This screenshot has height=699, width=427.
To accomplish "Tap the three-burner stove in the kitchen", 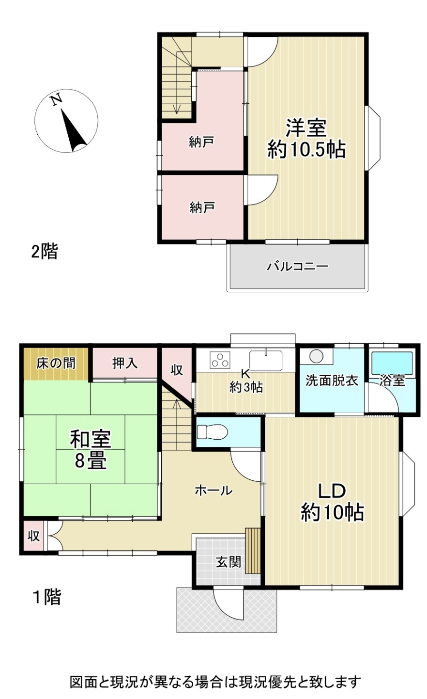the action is [220, 360].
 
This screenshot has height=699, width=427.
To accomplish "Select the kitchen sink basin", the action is [266, 361].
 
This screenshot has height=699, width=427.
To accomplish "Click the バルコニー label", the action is [298, 267].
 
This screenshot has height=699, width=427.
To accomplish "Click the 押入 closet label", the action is [125, 363].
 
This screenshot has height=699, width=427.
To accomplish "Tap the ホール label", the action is [214, 491].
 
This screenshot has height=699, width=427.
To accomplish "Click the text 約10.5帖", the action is [306, 150].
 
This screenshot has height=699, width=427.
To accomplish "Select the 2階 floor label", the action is [45, 252].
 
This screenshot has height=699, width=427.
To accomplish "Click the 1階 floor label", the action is [47, 597].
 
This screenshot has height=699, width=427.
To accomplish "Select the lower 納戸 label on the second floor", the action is [202, 207].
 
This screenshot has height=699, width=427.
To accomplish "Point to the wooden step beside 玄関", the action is [253, 551].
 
